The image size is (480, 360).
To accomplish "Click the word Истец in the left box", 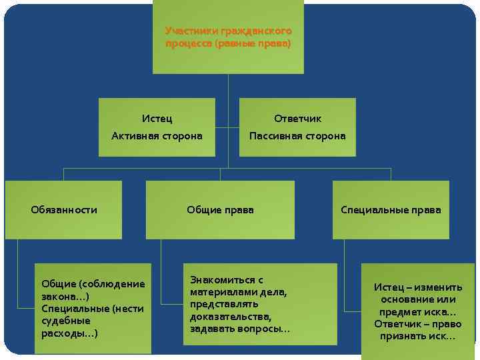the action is (157, 119).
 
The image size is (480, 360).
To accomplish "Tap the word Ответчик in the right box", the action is (297, 119).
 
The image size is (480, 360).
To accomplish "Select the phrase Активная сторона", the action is (157, 136).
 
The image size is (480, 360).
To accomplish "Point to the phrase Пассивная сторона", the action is (297, 136).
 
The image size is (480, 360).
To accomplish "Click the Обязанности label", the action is (64, 210).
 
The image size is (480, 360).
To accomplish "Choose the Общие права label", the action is (220, 210).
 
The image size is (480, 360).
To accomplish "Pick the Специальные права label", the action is (391, 210).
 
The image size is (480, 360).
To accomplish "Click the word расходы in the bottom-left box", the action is (67, 333).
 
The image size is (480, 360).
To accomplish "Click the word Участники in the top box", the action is (187, 31).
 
